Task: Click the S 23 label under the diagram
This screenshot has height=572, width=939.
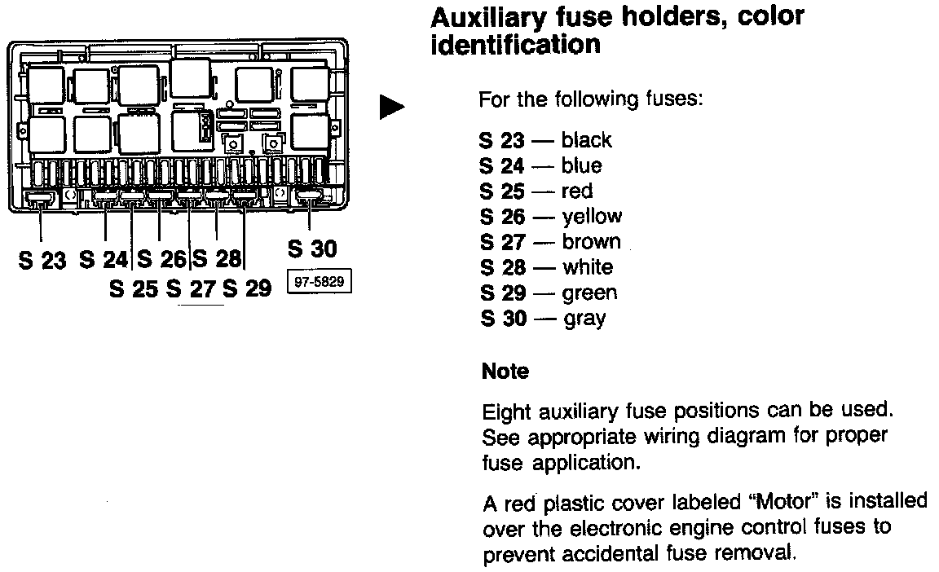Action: [x=42, y=262]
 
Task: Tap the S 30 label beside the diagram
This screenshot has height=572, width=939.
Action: [x=311, y=249]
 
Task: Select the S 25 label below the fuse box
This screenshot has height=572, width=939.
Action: [x=134, y=288]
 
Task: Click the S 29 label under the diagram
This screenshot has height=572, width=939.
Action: [x=246, y=288]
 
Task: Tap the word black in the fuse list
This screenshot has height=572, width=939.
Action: [x=586, y=140]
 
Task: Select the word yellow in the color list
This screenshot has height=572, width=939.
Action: [x=592, y=217]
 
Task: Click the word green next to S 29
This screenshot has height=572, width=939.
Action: [x=589, y=293]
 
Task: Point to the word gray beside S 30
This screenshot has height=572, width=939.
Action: [x=584, y=319]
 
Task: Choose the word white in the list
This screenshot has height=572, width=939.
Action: [x=588, y=267]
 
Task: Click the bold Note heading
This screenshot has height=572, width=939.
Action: [x=505, y=372]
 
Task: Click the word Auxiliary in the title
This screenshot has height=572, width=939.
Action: [x=488, y=16]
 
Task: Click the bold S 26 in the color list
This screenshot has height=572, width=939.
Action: [x=503, y=217]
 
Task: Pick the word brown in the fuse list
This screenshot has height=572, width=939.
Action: [x=591, y=242]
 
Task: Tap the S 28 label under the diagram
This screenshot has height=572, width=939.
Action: [x=216, y=260]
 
